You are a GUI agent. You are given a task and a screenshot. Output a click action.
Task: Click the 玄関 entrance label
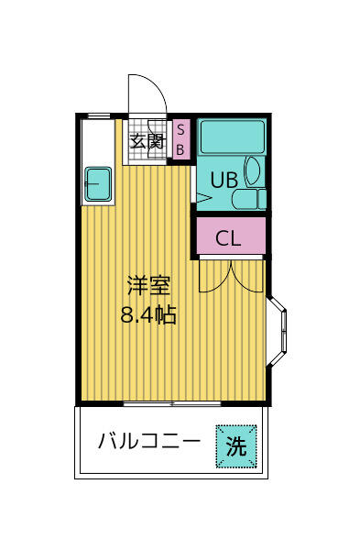tap(147, 141)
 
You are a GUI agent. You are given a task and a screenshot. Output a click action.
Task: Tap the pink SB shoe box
tap(180, 139)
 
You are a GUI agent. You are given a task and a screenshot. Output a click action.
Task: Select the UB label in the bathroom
tap(224, 180)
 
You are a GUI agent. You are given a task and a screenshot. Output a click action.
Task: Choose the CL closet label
tap(228, 238)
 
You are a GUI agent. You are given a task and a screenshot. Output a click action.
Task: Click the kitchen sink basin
tap(98, 185)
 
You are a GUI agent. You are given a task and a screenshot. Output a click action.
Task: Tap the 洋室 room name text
tap(147, 284)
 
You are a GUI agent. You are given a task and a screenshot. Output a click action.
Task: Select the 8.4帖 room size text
tap(147, 315)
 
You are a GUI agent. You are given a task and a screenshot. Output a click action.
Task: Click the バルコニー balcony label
tap(148, 442)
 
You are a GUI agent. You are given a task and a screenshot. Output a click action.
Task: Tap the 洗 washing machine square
tap(236, 447)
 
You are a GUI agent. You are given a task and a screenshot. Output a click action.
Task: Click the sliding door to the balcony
tap(173, 403)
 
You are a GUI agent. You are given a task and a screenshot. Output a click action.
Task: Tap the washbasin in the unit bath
tap(253, 172)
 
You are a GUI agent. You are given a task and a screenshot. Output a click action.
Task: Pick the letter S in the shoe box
tap(180, 128)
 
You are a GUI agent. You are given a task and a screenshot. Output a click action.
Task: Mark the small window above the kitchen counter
tap(99, 115)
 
